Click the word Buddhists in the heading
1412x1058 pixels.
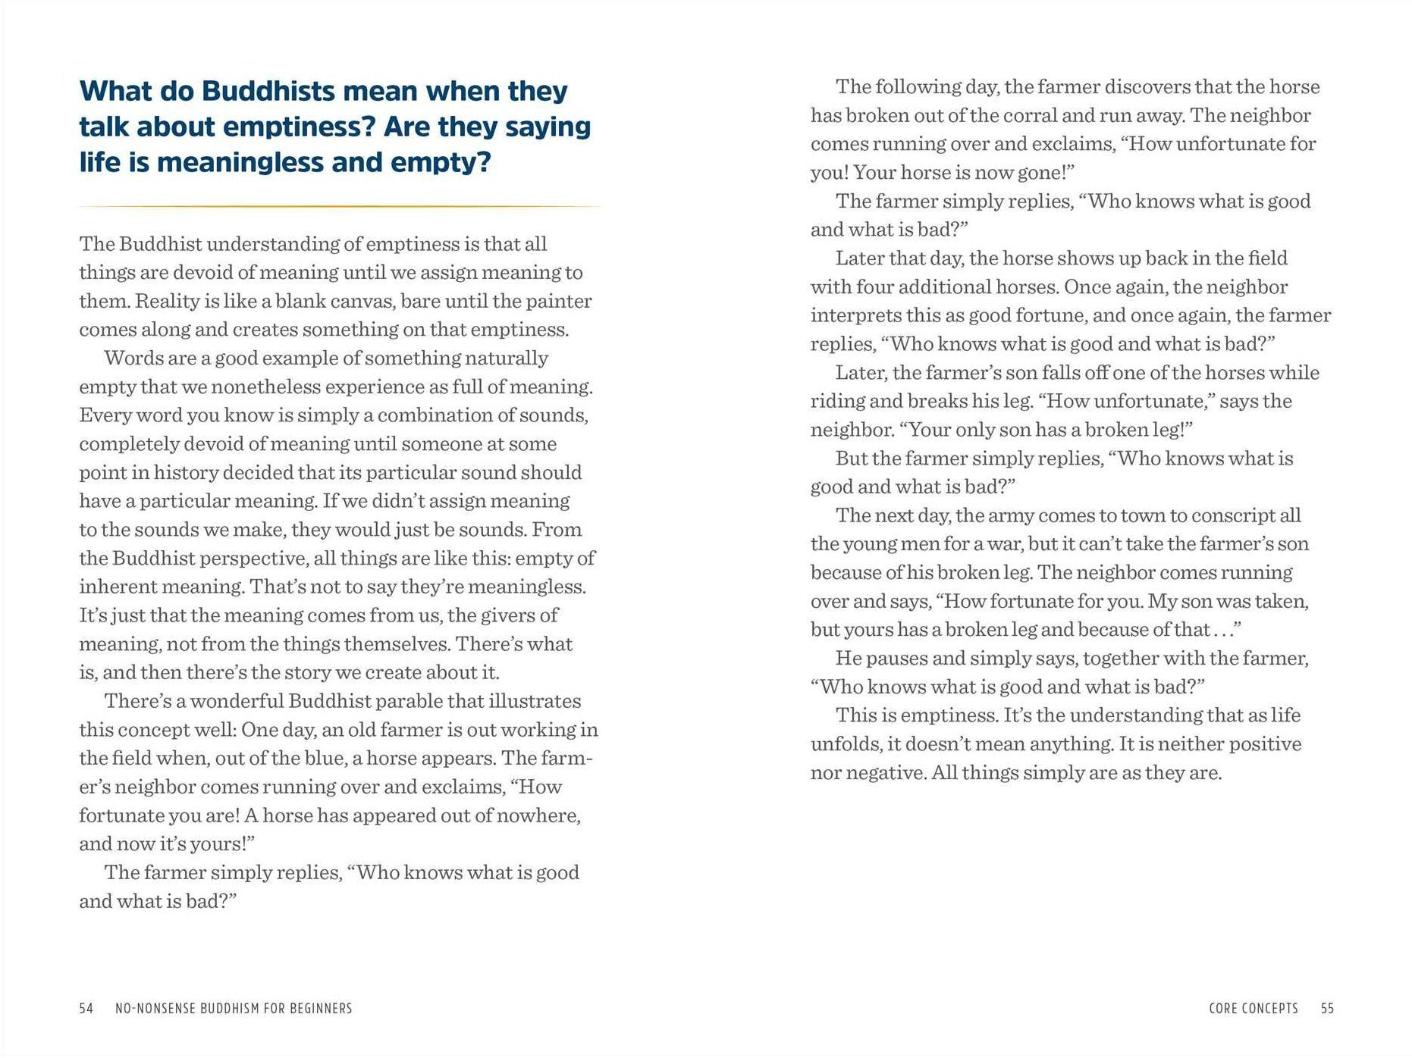point(268,92)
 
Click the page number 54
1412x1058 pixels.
point(86,1009)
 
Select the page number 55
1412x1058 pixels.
point(1327,1009)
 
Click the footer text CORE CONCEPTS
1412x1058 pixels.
point(1254,1009)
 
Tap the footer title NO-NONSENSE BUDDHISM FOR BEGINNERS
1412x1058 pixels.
point(234,1009)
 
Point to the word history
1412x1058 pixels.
point(184,473)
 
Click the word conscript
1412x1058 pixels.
point(1232,516)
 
